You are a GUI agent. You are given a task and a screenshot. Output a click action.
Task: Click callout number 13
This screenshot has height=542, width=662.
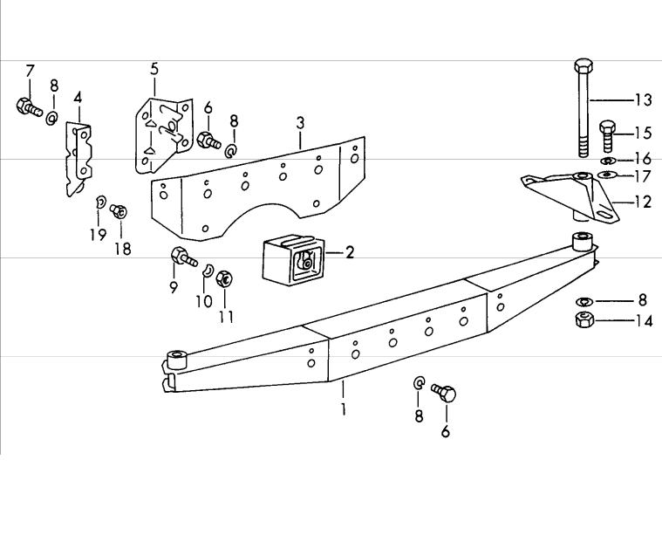pos(643,99)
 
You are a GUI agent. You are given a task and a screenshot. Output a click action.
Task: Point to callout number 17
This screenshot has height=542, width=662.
pos(643,176)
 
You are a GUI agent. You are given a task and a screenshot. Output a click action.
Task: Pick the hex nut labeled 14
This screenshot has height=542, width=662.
pos(585,319)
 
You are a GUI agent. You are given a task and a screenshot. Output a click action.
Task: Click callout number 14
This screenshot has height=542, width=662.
pos(643,320)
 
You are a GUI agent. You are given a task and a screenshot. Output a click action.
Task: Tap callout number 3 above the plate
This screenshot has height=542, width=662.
pos(299,121)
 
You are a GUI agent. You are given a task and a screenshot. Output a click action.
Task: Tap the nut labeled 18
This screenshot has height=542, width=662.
pos(121,211)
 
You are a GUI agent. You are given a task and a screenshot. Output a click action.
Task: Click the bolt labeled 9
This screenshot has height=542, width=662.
pos(184,258)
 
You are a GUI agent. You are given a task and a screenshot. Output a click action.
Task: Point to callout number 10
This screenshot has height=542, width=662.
pos(203,302)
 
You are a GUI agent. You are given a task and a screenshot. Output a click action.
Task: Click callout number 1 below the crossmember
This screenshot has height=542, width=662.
pos(344,408)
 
